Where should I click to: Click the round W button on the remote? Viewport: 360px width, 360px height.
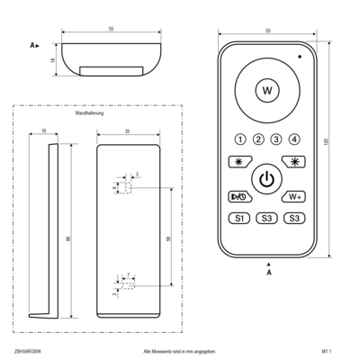coord(266,90)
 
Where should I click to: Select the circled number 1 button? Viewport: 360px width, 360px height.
coord(240,139)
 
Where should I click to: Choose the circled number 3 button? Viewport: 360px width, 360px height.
coord(275,139)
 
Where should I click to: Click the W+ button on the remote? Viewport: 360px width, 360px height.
coord(293,196)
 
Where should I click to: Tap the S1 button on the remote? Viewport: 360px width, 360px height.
coord(239,218)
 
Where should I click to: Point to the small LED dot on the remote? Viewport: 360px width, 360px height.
coord(301,56)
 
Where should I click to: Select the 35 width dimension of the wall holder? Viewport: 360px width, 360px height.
coord(129,131)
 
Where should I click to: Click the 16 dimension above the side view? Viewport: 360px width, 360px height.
coord(44,131)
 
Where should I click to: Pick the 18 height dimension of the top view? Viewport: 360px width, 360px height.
coord(53,58)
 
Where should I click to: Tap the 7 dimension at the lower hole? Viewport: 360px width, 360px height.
coord(129,273)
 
